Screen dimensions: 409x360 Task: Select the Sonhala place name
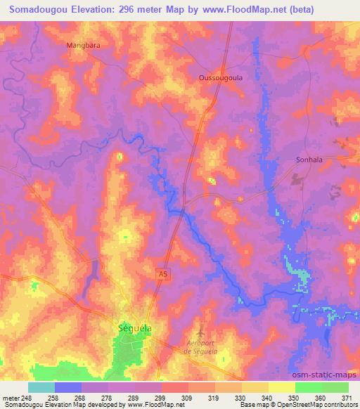308,160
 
